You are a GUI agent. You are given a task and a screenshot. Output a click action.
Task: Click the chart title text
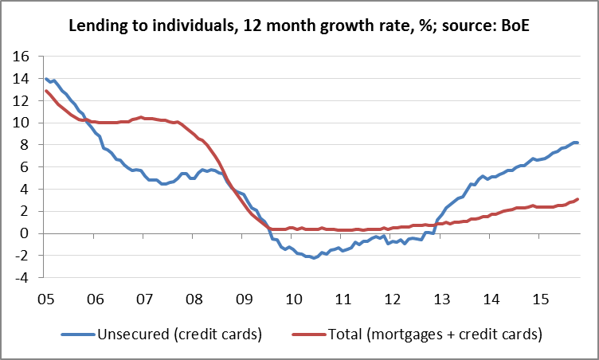[299, 26]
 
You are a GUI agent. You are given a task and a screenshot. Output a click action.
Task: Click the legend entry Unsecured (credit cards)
[178, 335]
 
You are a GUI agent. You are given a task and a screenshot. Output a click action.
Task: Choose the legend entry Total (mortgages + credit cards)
[435, 335]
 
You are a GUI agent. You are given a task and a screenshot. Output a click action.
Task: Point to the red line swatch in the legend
[307, 335]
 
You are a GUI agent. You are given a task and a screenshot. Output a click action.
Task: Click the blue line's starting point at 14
[45, 79]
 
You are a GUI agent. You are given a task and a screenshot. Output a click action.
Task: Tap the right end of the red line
[577, 199]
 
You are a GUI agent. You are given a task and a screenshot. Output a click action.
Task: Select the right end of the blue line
[577, 143]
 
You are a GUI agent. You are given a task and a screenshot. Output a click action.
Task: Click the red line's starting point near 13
[45, 91]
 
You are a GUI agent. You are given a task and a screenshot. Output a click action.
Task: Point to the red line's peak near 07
[141, 117]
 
